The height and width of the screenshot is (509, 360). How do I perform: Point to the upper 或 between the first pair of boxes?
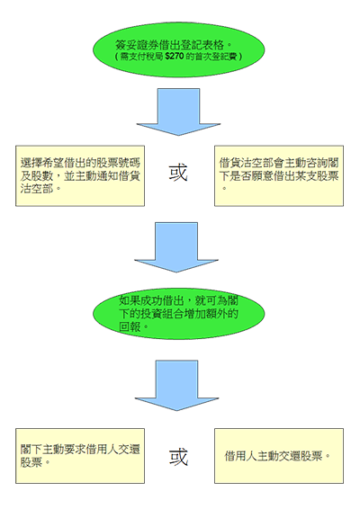(180, 171)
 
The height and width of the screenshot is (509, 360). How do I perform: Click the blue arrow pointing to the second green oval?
(180, 241)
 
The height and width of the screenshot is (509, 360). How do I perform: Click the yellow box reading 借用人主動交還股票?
(278, 455)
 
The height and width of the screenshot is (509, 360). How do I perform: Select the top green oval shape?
(180, 49)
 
